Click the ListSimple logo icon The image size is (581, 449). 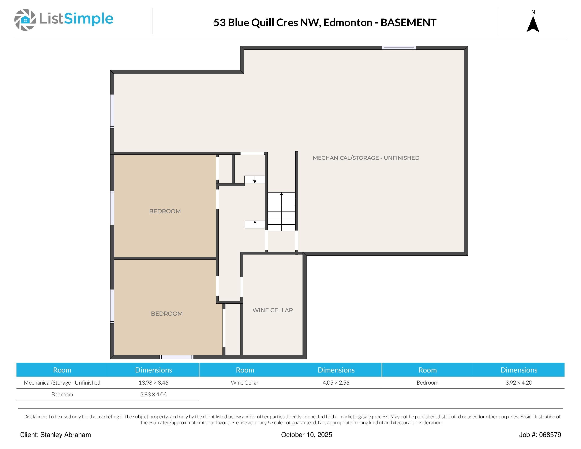pyautogui.click(x=25, y=20)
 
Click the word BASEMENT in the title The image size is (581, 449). pyautogui.click(x=408, y=23)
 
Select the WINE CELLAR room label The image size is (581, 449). pyautogui.click(x=273, y=310)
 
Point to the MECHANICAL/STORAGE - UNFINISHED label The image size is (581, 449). pyautogui.click(x=366, y=158)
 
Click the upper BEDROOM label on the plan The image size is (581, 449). pyautogui.click(x=165, y=211)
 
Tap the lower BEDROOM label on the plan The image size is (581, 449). pyautogui.click(x=167, y=314)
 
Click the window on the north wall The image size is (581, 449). pyautogui.click(x=399, y=48)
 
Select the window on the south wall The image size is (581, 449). pyautogui.click(x=177, y=357)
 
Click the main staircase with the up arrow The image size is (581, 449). pyautogui.click(x=281, y=212)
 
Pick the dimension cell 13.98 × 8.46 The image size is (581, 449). pyautogui.click(x=154, y=382)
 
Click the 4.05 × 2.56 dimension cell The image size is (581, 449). pyautogui.click(x=336, y=382)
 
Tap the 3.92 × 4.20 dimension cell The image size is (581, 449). pyautogui.click(x=519, y=382)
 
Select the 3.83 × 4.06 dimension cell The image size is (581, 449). pyautogui.click(x=154, y=394)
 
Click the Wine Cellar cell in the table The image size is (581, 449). pyautogui.click(x=245, y=382)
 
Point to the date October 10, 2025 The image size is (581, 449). pyautogui.click(x=307, y=435)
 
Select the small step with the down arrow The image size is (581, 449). pyautogui.click(x=255, y=180)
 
